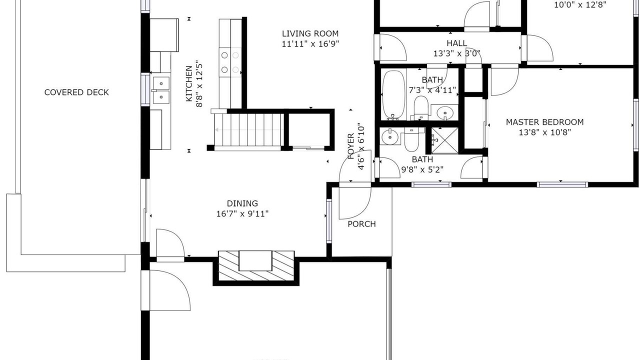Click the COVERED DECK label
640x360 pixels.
point(76,92)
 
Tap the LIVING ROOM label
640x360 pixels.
point(310,33)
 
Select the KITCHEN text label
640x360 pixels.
point(189,83)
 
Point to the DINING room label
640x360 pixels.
point(242,203)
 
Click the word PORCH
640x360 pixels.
point(361,224)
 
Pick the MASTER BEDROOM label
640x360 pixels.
point(545,122)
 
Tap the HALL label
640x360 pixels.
point(457,43)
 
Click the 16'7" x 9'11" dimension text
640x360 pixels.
point(242,213)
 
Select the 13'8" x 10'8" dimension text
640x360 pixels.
point(545,132)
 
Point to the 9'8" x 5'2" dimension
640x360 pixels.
point(422,169)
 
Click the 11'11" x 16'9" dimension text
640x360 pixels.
point(310,44)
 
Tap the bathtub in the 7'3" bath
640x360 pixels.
point(393,95)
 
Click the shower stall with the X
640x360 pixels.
point(444,140)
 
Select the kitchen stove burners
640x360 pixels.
point(230,62)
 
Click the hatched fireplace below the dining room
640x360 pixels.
point(256,265)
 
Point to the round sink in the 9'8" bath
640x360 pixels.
point(389,137)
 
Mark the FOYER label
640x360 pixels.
point(350,146)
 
